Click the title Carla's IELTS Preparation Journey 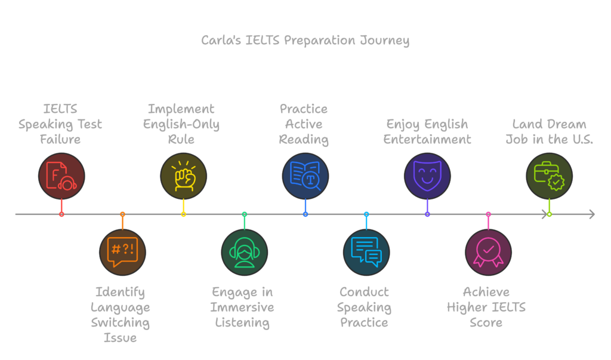click(305, 41)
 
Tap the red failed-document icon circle click(61, 176)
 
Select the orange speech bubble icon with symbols click(122, 252)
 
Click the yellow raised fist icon click(183, 176)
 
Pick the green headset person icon click(245, 252)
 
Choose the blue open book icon click(305, 176)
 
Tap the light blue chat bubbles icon click(366, 252)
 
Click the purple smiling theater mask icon click(427, 176)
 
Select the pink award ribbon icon click(488, 252)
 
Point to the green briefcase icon click(549, 176)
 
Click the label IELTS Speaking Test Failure click(60, 124)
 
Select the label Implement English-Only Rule click(182, 124)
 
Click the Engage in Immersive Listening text click(243, 307)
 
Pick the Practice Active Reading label click(304, 124)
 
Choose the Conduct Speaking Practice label click(365, 307)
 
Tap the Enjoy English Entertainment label click(427, 131)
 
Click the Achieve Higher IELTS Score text click(486, 307)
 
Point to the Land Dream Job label click(550, 131)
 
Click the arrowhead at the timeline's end click(591, 214)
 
